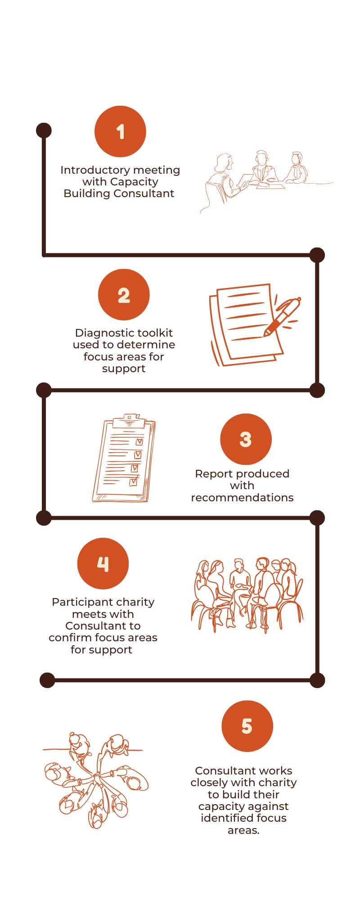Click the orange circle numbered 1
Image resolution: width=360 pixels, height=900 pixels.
click(120, 131)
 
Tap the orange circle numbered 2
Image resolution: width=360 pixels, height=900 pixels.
click(124, 295)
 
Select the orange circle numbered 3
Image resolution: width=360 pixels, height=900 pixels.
click(246, 439)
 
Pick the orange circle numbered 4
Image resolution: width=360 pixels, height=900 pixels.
click(103, 563)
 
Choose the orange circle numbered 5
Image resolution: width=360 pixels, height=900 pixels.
click(247, 726)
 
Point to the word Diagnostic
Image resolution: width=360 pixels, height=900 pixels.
click(102, 333)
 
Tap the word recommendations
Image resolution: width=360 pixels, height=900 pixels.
click(242, 498)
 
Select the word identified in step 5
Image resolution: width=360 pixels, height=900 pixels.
click(224, 818)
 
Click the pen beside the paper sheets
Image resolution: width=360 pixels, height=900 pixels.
click(282, 316)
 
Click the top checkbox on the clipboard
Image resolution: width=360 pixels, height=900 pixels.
click(139, 442)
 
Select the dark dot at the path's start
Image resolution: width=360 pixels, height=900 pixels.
click(44, 130)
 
